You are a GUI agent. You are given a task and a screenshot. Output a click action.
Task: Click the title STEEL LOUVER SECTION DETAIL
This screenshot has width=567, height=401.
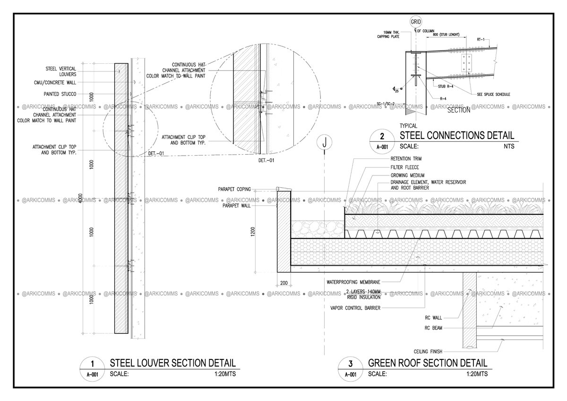[x=172, y=363]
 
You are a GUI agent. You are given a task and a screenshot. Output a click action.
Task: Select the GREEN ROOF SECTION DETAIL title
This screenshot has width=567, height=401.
[x=427, y=363]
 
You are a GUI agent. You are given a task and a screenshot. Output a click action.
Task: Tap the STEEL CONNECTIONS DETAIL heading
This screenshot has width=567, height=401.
[x=456, y=136]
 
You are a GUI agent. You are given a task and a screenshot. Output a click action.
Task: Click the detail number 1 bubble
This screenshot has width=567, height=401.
[x=92, y=364]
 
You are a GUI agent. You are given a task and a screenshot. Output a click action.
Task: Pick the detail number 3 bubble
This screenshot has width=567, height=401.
[x=350, y=364]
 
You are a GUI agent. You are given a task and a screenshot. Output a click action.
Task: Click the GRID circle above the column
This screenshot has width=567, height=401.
[x=415, y=22]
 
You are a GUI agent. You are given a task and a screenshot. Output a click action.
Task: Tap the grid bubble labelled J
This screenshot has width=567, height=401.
[x=324, y=141]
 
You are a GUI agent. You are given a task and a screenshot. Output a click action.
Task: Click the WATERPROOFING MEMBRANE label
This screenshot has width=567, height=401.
[x=353, y=282]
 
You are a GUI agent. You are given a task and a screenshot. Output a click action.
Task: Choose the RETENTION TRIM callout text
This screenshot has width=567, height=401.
[x=406, y=159]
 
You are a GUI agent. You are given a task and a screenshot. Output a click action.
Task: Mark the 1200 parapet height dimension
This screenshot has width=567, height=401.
[x=253, y=231]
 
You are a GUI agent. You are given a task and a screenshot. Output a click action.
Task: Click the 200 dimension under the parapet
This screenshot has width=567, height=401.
[x=283, y=283]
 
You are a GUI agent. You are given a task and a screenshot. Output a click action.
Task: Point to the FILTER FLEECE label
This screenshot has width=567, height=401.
[x=404, y=167]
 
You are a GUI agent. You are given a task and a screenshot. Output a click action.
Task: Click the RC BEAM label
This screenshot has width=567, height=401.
[x=433, y=328]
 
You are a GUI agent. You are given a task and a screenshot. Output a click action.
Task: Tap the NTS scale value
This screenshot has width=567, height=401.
[x=508, y=147]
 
